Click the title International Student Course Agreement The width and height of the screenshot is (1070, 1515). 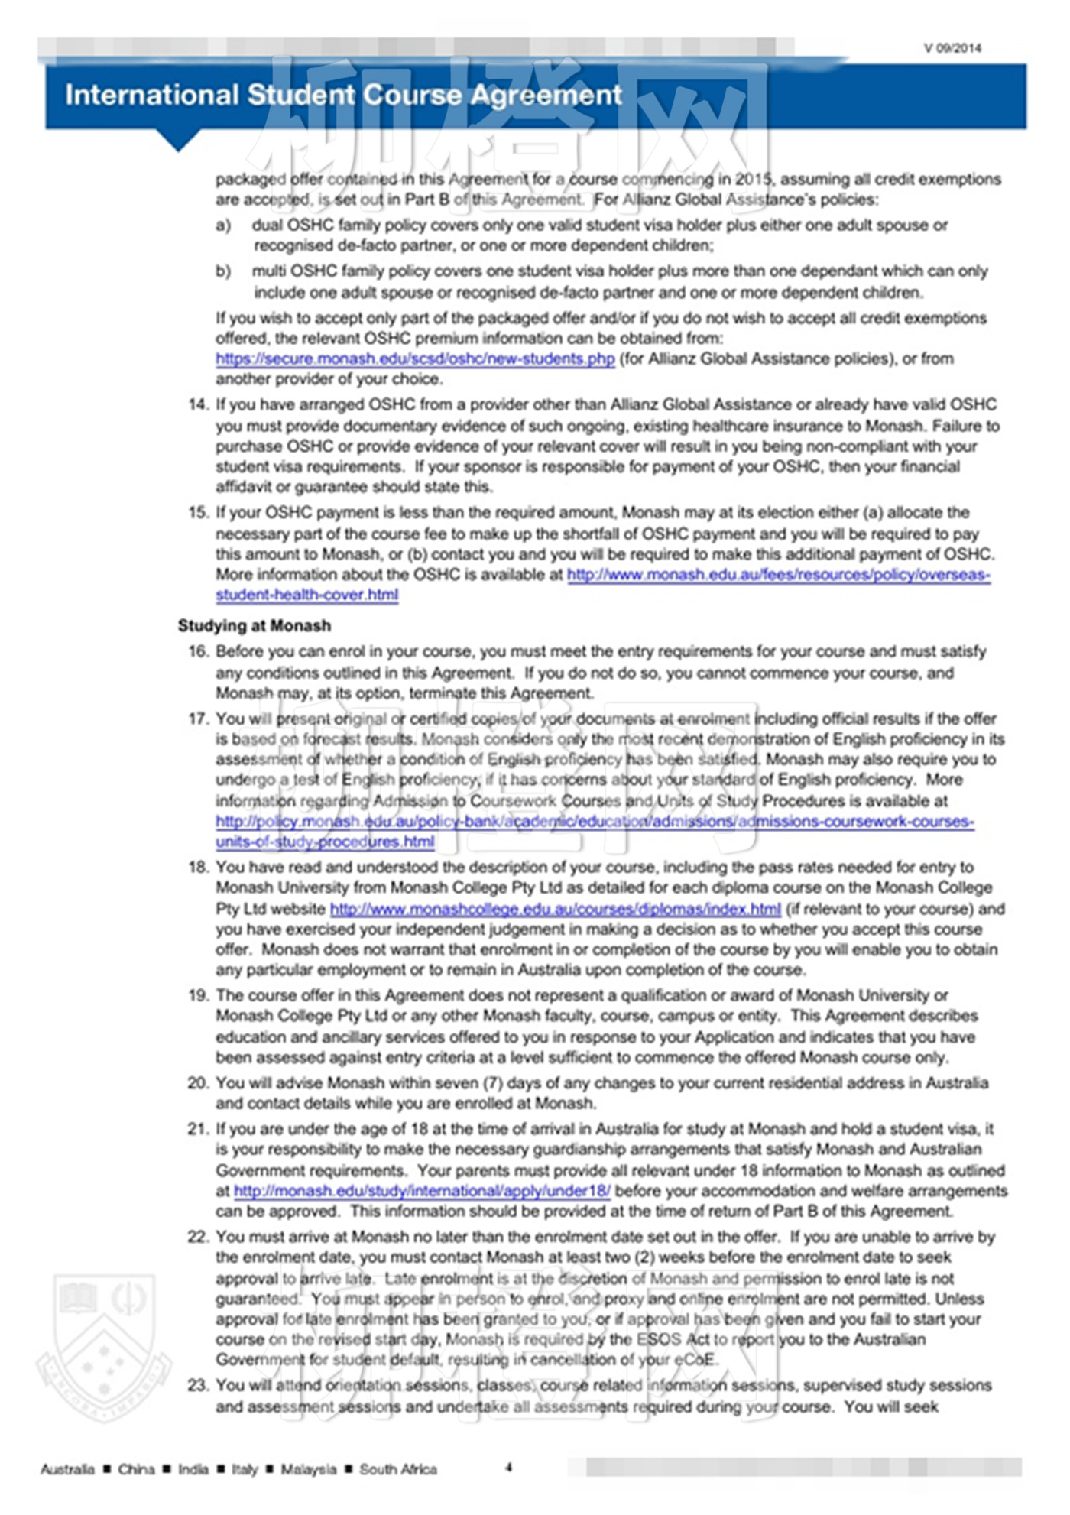click(343, 95)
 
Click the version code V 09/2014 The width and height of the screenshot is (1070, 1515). click(952, 48)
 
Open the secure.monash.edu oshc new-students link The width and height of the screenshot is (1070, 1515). click(415, 358)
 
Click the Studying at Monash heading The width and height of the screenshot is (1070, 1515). click(255, 625)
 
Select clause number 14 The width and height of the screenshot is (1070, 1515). click(198, 404)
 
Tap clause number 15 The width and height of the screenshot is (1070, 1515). click(198, 512)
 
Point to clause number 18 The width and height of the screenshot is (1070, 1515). click(198, 867)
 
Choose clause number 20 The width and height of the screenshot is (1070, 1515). click(198, 1082)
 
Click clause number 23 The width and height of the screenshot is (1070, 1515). click(198, 1385)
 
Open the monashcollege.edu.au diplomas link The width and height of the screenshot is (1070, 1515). click(555, 909)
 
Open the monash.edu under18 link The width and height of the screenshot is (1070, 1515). click(422, 1190)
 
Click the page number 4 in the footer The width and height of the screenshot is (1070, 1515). click(508, 1467)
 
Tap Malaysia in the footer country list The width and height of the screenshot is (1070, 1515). click(308, 1469)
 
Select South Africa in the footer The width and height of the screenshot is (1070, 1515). click(398, 1469)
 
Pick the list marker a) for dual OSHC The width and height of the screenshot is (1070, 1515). click(223, 225)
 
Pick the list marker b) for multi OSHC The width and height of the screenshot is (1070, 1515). click(223, 271)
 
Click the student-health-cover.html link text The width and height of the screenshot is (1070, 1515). click(306, 595)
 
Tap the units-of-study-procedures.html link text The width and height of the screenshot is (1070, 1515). click(325, 842)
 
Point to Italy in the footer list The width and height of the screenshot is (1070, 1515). click(245, 1469)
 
